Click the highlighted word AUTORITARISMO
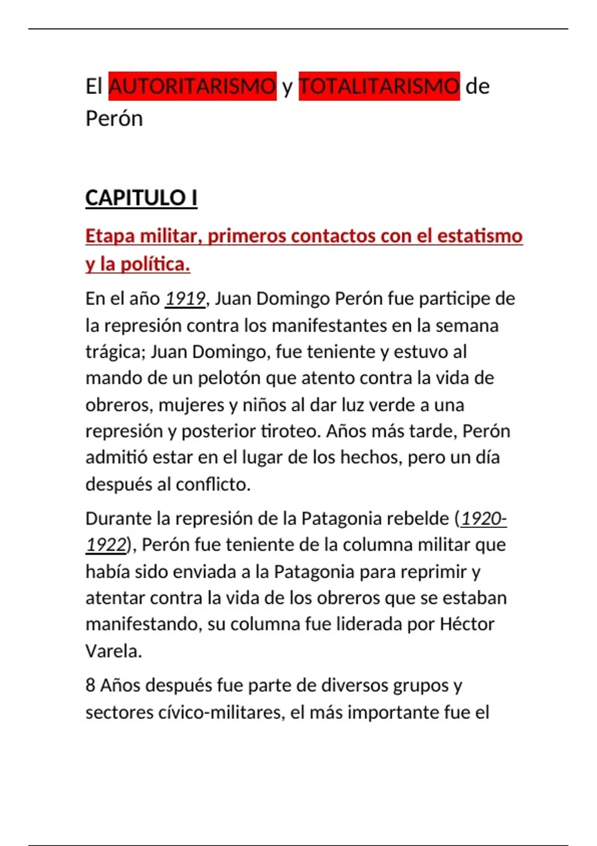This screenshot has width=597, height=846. click(192, 86)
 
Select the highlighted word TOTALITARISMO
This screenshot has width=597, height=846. click(379, 86)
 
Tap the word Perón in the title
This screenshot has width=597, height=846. click(114, 118)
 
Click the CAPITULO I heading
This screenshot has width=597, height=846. click(141, 198)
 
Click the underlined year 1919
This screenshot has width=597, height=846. click(185, 299)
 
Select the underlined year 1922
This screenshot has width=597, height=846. click(106, 545)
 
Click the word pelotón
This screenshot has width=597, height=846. click(228, 378)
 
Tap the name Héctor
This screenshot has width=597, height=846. click(467, 624)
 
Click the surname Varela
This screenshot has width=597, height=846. click(113, 651)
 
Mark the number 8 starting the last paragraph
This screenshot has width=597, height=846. click(90, 686)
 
